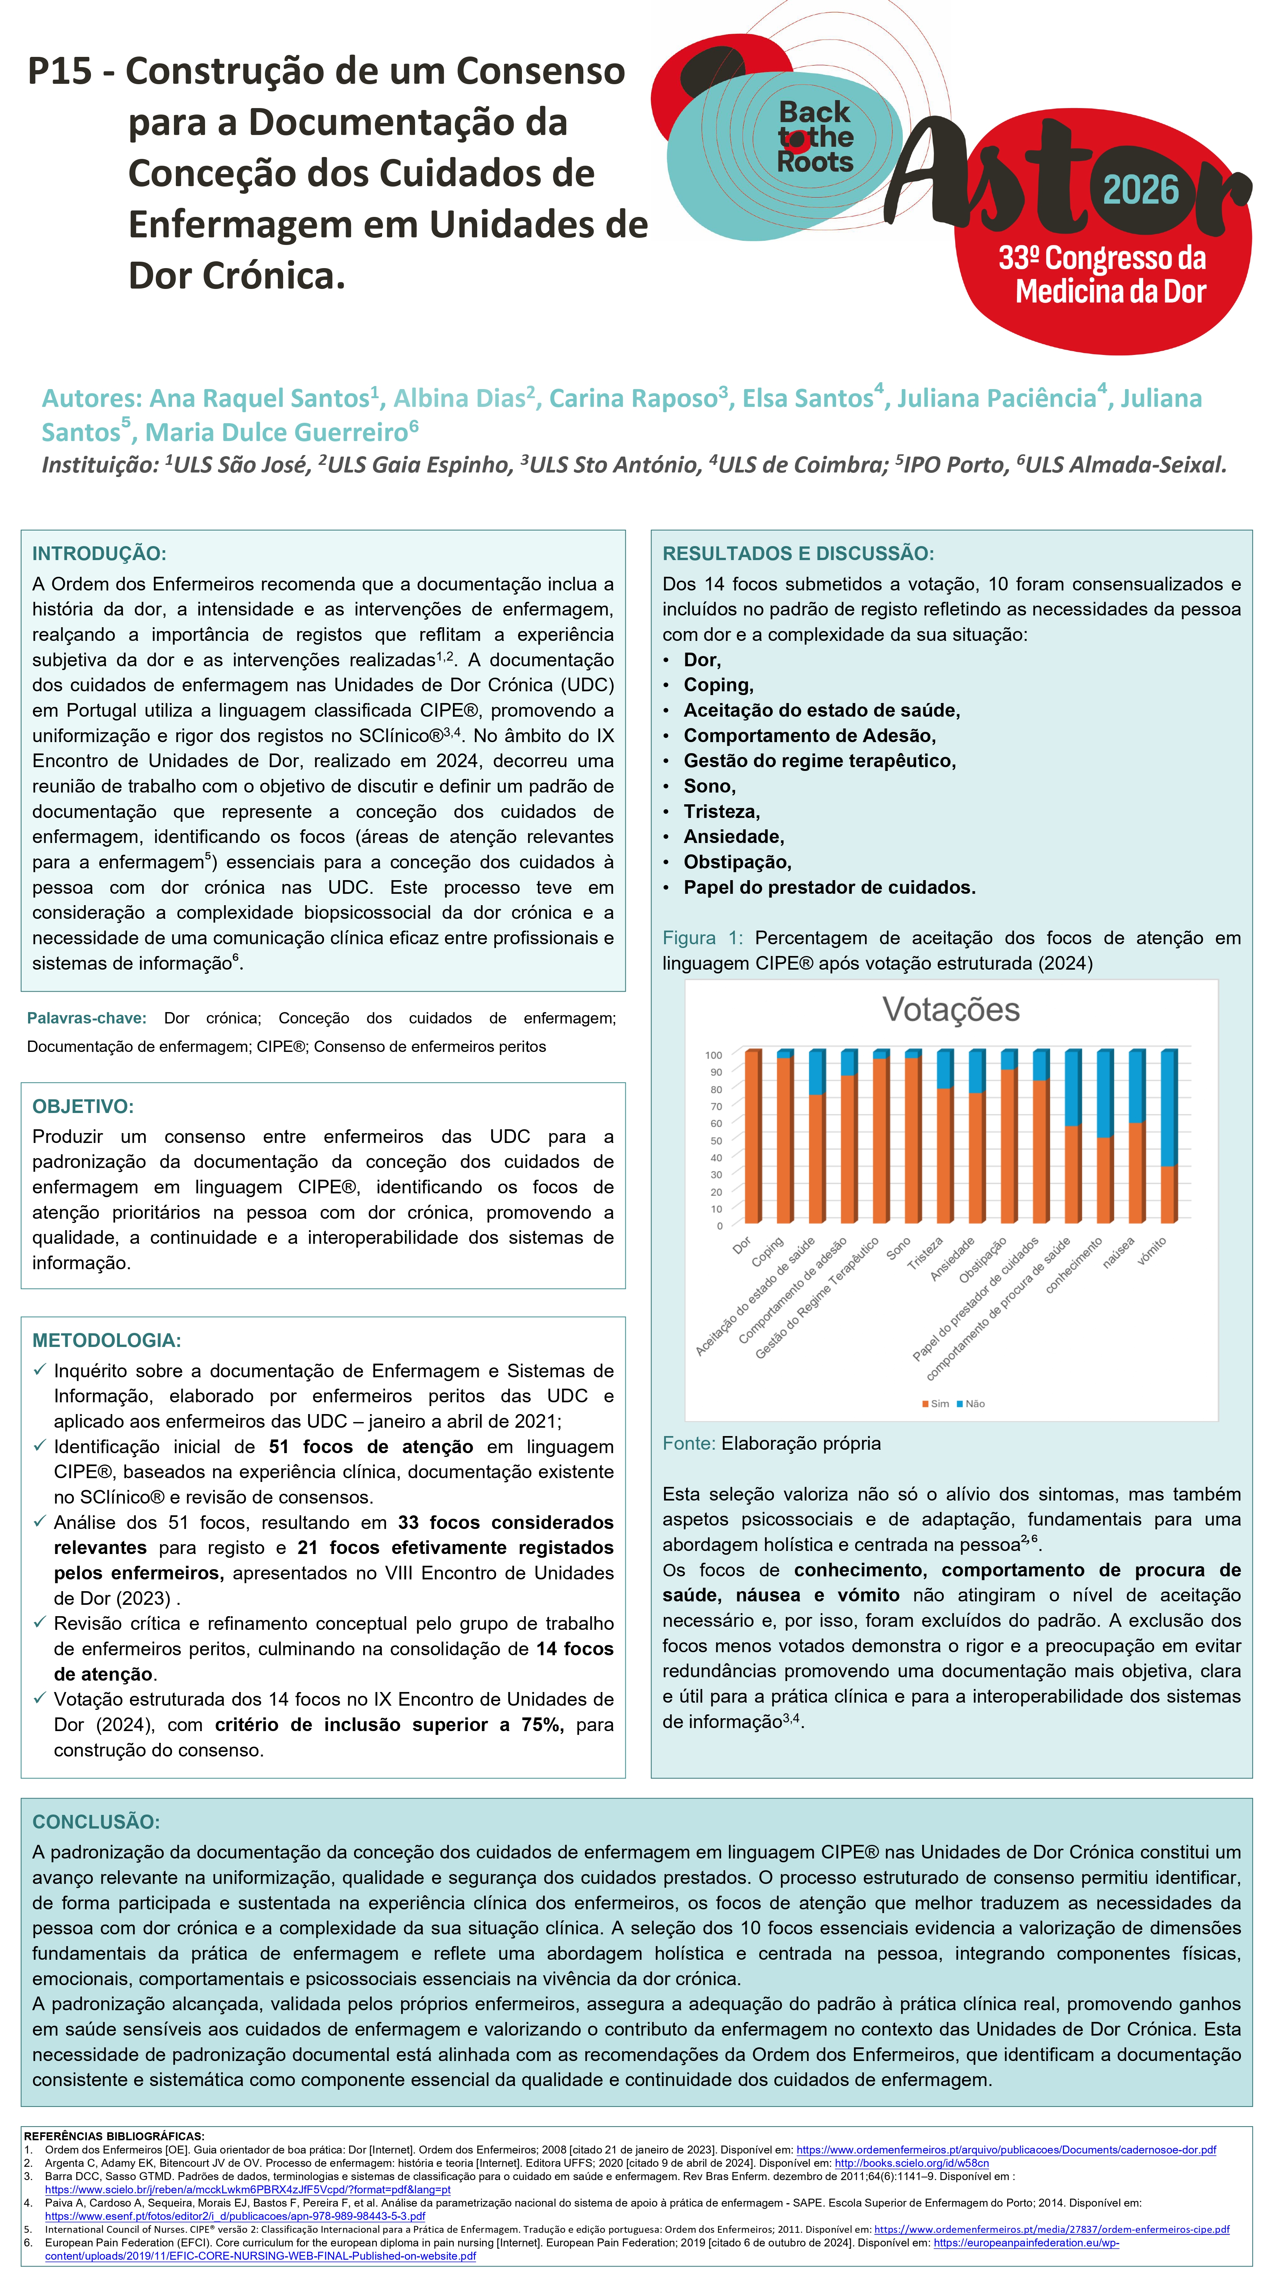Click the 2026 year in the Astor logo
click(x=1141, y=190)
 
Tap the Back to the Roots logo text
click(x=815, y=137)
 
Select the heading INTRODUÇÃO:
click(x=99, y=554)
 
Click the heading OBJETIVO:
click(x=83, y=1106)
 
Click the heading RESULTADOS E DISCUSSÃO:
click(x=798, y=554)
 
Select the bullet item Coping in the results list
click(x=717, y=685)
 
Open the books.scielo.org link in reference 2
click(x=912, y=2163)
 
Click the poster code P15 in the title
click(x=59, y=71)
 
